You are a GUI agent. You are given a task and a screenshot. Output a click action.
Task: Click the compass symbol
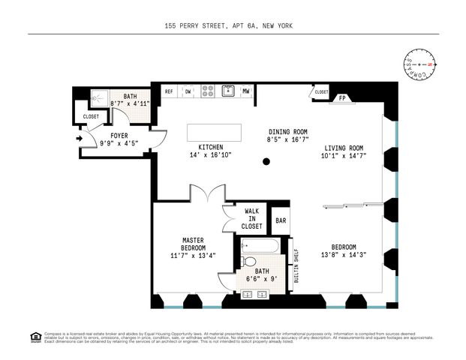(422, 65)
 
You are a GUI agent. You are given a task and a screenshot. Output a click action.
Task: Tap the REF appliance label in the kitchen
(169, 91)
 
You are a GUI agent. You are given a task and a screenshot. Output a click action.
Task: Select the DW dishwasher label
(188, 91)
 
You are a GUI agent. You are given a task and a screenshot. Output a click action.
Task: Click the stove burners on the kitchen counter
(207, 91)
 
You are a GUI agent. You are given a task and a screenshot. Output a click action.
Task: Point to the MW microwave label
(245, 91)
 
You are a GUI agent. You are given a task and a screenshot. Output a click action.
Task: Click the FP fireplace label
(342, 97)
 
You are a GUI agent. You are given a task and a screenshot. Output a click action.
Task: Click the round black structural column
(266, 161)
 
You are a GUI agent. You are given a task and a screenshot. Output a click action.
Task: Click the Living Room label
(344, 148)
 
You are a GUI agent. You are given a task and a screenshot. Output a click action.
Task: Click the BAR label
(281, 220)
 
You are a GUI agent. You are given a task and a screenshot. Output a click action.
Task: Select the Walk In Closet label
(251, 218)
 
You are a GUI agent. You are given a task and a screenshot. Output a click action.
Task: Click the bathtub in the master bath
(260, 246)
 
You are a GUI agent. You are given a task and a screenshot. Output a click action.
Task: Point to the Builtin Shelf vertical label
(296, 265)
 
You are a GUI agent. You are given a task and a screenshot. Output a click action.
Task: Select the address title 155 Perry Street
(228, 25)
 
